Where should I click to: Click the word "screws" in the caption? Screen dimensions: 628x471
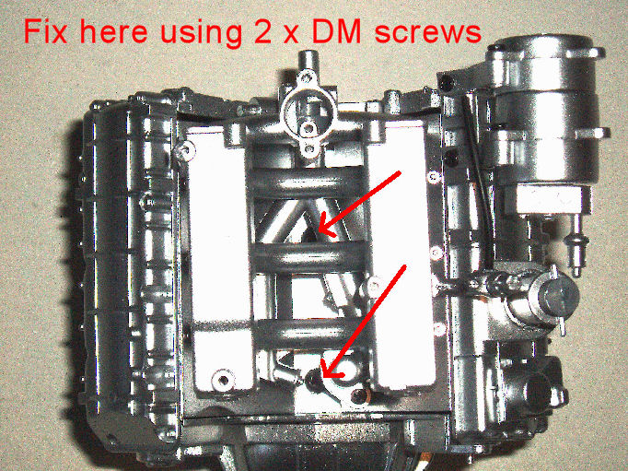point(428,33)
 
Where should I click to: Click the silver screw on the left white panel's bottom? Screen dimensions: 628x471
point(223,378)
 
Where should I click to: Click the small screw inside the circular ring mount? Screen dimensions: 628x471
point(308,128)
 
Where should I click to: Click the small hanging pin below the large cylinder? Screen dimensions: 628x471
point(576,246)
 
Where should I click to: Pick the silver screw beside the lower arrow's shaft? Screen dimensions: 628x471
point(373,286)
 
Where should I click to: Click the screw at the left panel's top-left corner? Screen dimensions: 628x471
point(185,150)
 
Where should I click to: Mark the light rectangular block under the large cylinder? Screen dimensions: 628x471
point(548,199)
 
